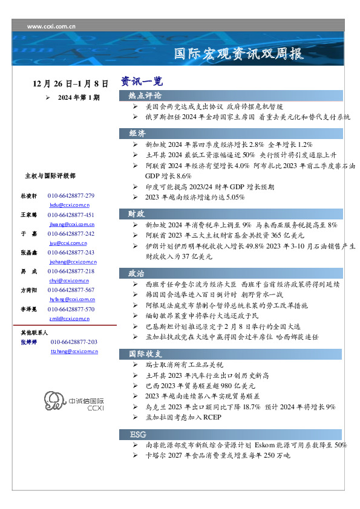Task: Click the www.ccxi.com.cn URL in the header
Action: (x=51, y=27)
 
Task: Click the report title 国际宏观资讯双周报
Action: (x=238, y=54)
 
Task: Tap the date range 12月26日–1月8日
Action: (x=71, y=83)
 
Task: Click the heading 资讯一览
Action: (x=142, y=81)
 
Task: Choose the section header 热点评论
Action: (x=145, y=96)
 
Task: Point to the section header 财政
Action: (x=137, y=213)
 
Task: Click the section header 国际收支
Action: (x=145, y=353)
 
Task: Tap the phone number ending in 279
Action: (x=71, y=196)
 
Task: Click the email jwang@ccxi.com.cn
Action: (x=69, y=224)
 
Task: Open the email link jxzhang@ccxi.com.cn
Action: (x=70, y=262)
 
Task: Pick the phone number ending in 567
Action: (x=71, y=290)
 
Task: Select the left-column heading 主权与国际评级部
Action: (x=50, y=176)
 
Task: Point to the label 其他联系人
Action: (x=34, y=332)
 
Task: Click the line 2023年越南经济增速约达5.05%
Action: (x=195, y=197)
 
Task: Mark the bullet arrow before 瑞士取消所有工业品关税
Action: (x=136, y=365)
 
